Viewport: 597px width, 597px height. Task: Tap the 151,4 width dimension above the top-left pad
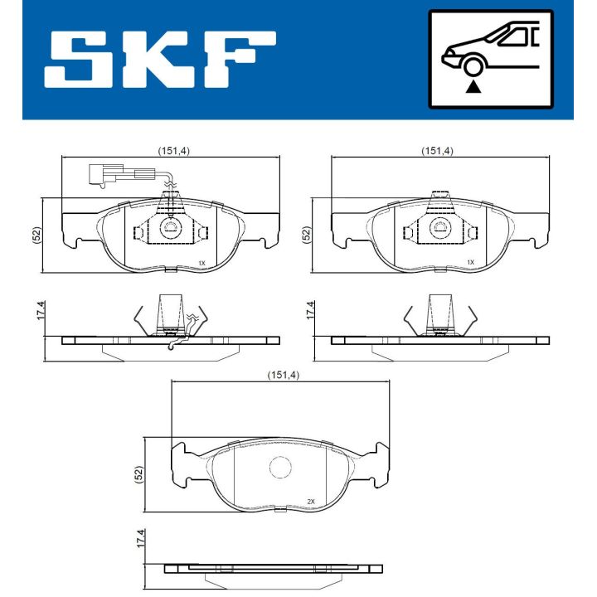[x=174, y=151]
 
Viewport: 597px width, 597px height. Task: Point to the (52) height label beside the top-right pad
[x=305, y=234]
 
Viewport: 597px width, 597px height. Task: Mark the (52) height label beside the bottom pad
[x=138, y=474]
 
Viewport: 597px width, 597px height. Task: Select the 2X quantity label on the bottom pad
[x=312, y=502]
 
